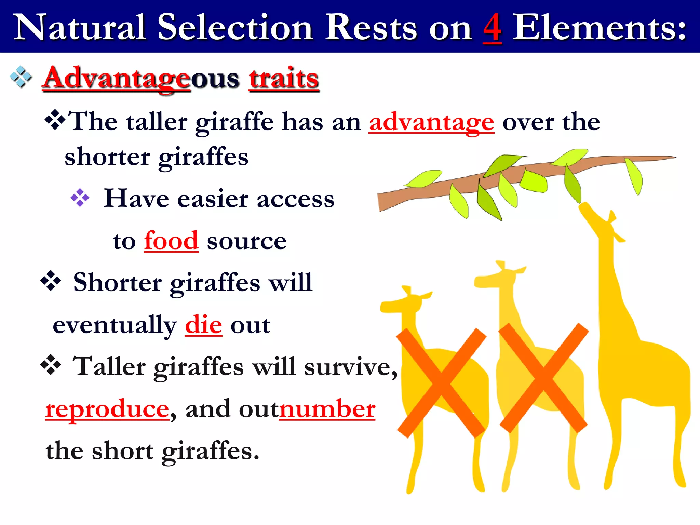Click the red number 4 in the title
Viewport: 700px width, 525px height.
[492, 28]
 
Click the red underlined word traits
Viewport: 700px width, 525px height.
[284, 78]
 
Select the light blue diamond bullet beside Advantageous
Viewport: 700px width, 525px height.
[21, 77]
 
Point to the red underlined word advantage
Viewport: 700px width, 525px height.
[431, 122]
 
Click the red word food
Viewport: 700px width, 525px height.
[171, 241]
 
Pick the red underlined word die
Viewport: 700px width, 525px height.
[203, 325]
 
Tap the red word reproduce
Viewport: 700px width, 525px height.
[107, 409]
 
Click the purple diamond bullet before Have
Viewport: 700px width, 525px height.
[80, 198]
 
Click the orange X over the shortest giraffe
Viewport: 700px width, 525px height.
[441, 383]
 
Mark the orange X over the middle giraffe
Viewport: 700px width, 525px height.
[543, 378]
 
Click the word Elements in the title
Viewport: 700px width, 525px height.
[600, 28]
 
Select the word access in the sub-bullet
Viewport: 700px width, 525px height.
[295, 199]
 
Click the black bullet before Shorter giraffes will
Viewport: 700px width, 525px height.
[51, 281]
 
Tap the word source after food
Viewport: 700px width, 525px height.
[246, 241]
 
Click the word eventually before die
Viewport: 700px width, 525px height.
[115, 325]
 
